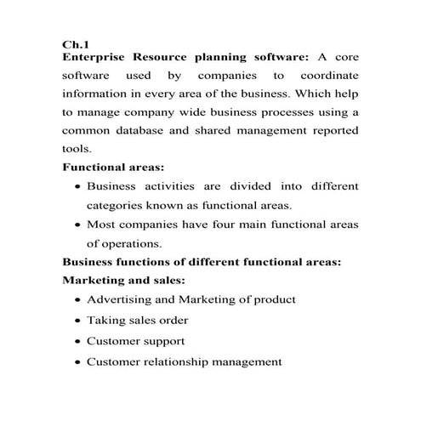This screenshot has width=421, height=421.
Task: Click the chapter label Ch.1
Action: point(76,43)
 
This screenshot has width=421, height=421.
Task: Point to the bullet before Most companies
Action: point(78,226)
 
